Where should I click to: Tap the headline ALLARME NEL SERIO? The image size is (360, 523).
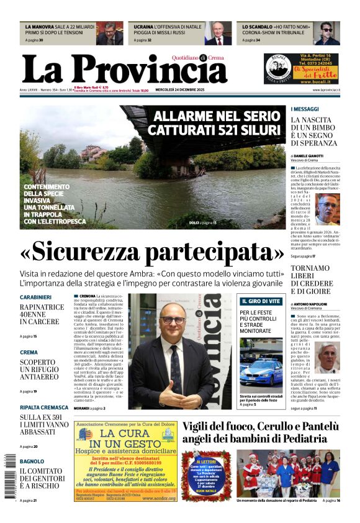217,116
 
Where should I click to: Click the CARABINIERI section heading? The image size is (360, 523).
35,298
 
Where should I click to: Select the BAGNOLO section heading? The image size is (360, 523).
32,462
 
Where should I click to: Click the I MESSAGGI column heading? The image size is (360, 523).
305,109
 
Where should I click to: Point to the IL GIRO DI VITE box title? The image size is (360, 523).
260,301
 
